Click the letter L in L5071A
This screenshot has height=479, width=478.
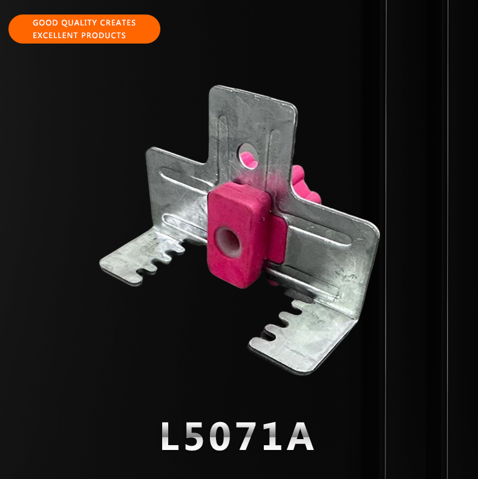[x=170, y=435]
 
